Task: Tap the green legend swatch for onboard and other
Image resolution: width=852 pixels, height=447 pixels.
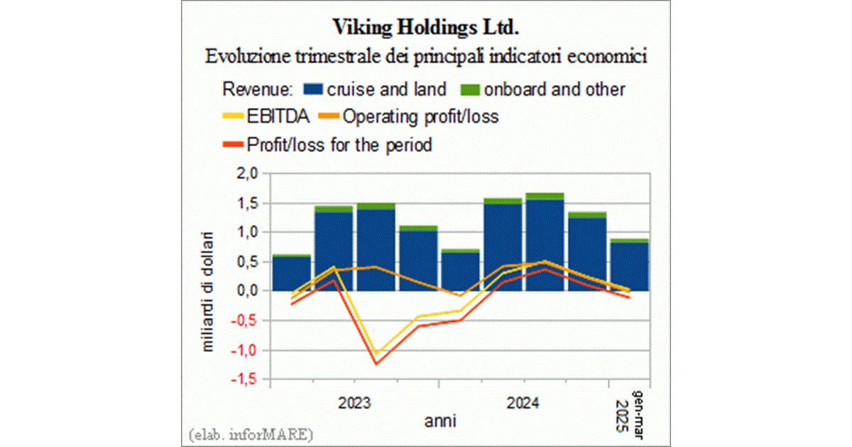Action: coord(471,89)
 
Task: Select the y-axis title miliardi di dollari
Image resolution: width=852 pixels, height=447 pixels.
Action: coord(209,291)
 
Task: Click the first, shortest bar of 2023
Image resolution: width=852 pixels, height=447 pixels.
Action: coord(290,273)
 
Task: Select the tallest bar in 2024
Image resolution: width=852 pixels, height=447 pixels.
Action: coord(545,241)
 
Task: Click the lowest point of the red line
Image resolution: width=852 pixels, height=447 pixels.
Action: coord(376,364)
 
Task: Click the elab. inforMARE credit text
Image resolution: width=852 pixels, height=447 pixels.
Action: coord(251,433)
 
